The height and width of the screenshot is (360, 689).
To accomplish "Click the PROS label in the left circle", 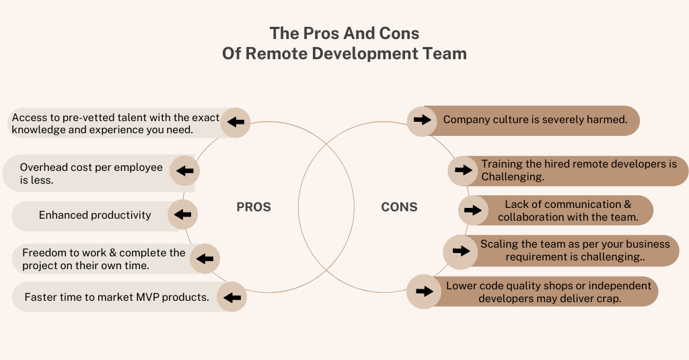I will (x=254, y=207).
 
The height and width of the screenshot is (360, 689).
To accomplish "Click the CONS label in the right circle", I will (x=399, y=207).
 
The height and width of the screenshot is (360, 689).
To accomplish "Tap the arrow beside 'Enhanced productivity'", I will (x=182, y=215).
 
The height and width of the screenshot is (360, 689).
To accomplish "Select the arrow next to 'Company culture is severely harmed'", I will (x=422, y=120).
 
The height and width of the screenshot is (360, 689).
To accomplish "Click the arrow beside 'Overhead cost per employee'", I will (x=184, y=172).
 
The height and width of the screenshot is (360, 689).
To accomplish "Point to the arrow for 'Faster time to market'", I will (x=232, y=297).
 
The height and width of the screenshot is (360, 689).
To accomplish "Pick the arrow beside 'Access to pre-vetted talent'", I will (x=235, y=122).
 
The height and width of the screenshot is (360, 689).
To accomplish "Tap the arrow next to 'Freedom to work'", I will (x=205, y=258).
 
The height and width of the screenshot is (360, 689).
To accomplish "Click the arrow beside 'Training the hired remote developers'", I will (x=464, y=170).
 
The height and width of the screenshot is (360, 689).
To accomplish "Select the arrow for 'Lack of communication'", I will (x=474, y=210).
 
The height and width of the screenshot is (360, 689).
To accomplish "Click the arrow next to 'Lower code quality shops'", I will (x=424, y=291).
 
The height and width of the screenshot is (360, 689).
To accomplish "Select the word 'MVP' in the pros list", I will (x=166, y=297).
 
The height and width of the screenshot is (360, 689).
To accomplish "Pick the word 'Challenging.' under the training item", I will (x=513, y=177).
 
